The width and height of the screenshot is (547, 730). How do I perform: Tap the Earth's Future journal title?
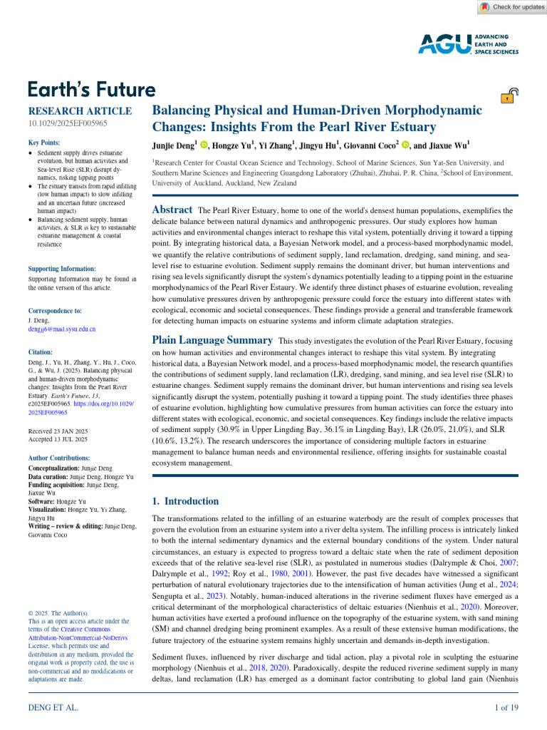(x=91, y=90)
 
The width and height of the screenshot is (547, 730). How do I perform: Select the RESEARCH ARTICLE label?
(x=80, y=111)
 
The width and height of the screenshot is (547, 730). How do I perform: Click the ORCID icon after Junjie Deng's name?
(x=204, y=145)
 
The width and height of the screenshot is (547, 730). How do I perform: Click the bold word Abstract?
(x=172, y=210)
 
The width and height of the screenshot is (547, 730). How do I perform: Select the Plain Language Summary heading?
(x=212, y=341)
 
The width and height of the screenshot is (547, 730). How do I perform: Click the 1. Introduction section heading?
(x=187, y=501)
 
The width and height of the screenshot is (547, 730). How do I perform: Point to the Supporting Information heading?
(x=62, y=269)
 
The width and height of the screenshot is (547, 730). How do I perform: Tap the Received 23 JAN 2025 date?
(x=58, y=431)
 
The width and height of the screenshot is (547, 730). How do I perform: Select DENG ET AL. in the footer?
(x=53, y=708)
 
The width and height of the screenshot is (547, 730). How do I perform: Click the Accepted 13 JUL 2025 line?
(x=58, y=439)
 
